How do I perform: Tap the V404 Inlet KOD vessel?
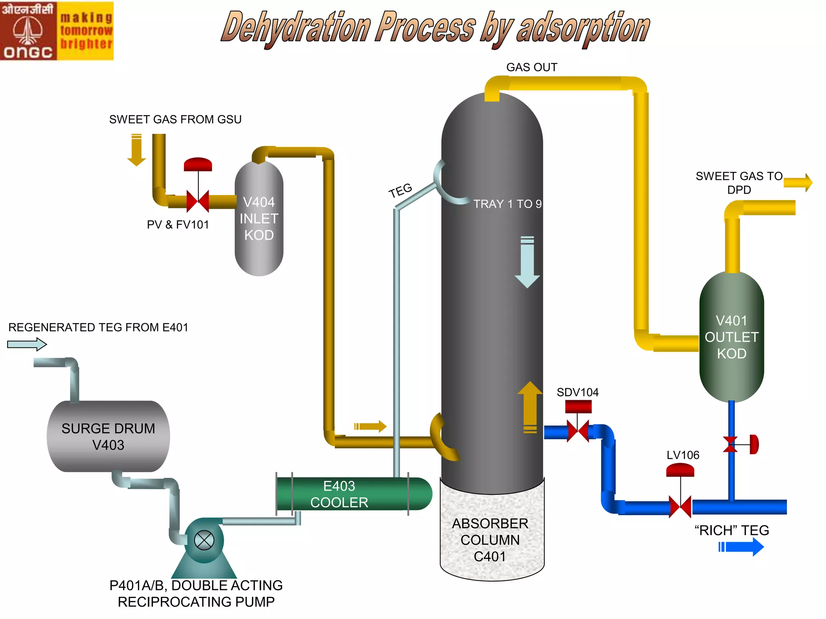click(259, 218)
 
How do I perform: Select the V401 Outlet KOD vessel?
click(732, 337)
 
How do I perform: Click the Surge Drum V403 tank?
click(108, 436)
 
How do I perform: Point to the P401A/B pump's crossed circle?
click(204, 540)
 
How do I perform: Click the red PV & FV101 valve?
click(198, 201)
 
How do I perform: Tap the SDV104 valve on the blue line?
click(578, 430)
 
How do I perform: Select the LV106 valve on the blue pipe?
click(680, 506)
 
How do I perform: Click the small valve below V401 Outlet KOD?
click(731, 444)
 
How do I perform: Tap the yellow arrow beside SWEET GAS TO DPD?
click(798, 183)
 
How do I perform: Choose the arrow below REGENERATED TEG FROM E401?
click(27, 344)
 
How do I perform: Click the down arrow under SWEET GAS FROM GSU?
click(137, 150)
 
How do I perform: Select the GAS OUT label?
click(532, 67)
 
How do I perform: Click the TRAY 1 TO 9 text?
click(507, 204)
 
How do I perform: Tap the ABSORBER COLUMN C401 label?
click(490, 540)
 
